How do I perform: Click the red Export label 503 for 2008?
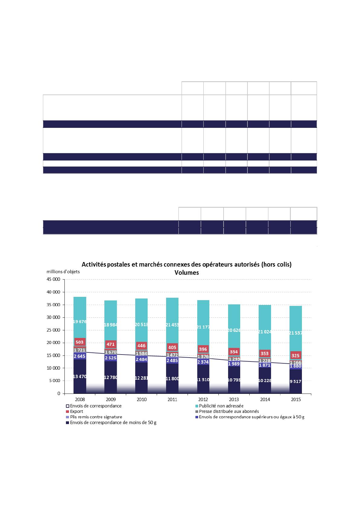click(x=80, y=342)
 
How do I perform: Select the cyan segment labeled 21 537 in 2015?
click(x=296, y=333)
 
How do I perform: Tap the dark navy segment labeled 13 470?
click(x=80, y=376)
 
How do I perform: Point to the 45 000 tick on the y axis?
click(x=54, y=280)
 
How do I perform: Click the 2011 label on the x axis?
click(x=172, y=400)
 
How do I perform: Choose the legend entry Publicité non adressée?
click(x=221, y=406)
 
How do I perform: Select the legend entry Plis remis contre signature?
click(x=96, y=417)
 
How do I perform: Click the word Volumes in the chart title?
click(x=187, y=272)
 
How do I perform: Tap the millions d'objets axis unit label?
click(x=63, y=271)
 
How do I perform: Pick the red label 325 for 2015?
click(x=296, y=355)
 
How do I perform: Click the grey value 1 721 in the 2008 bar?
click(x=80, y=350)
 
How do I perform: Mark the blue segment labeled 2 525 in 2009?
click(x=111, y=358)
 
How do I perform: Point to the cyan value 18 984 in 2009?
click(x=111, y=325)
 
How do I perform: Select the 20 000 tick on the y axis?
click(x=54, y=343)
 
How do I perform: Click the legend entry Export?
click(x=76, y=411)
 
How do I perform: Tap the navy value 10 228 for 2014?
click(x=265, y=381)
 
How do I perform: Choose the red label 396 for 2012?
click(x=203, y=349)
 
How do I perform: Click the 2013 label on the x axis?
click(x=234, y=400)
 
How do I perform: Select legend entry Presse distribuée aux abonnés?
click(x=229, y=411)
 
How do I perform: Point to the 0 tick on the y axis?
click(x=59, y=394)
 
